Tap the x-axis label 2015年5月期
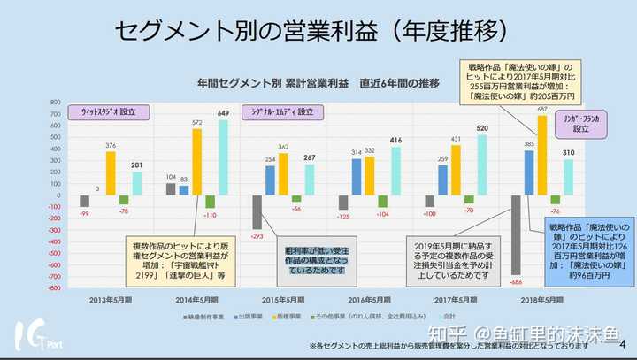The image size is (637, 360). [x=283, y=299]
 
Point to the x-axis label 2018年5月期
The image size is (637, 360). [x=542, y=299]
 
